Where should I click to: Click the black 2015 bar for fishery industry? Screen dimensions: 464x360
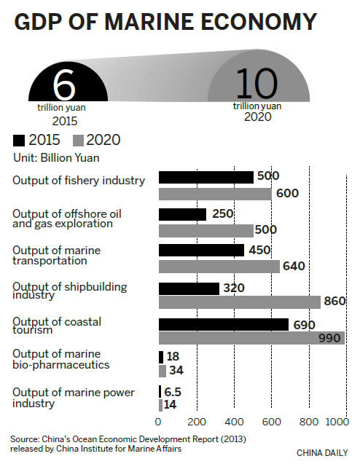[x=206, y=177]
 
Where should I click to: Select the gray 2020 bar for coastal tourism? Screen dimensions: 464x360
[x=251, y=338]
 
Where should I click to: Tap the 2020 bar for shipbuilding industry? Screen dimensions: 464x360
[x=239, y=302]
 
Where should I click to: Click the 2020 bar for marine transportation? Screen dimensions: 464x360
[x=219, y=267]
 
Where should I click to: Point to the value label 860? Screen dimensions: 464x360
[x=334, y=302]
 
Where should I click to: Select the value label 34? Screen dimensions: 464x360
[x=175, y=370]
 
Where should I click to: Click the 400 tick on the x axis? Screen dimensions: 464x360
[x=234, y=422]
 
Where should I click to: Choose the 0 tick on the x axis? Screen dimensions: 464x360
[x=159, y=422]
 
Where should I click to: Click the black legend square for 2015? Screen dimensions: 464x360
[x=19, y=140]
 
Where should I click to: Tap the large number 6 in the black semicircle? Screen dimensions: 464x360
[x=64, y=86]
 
